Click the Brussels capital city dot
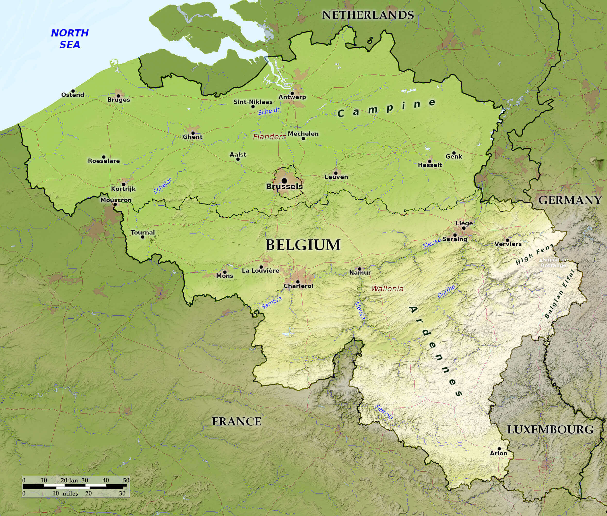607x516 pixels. pos(284,181)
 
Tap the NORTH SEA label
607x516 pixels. pos(70,39)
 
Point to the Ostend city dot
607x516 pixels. pos(73,91)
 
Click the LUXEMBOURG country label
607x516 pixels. pos(550,430)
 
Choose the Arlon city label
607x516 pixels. pos(498,453)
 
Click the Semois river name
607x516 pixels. pos(384,412)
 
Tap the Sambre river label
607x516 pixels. pos(271,303)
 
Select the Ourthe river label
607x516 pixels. pos(446,291)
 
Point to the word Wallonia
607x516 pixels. pos(387,289)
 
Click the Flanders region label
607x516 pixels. pos(269,137)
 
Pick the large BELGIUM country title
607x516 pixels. pos(303,245)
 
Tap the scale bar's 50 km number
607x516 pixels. pos(126,480)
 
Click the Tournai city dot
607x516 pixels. pos(143,237)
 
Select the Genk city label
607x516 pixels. pos(454,156)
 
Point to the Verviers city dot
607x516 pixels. pos(507,240)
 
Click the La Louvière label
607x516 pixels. pos(260,271)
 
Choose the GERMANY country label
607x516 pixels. pos(570,200)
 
